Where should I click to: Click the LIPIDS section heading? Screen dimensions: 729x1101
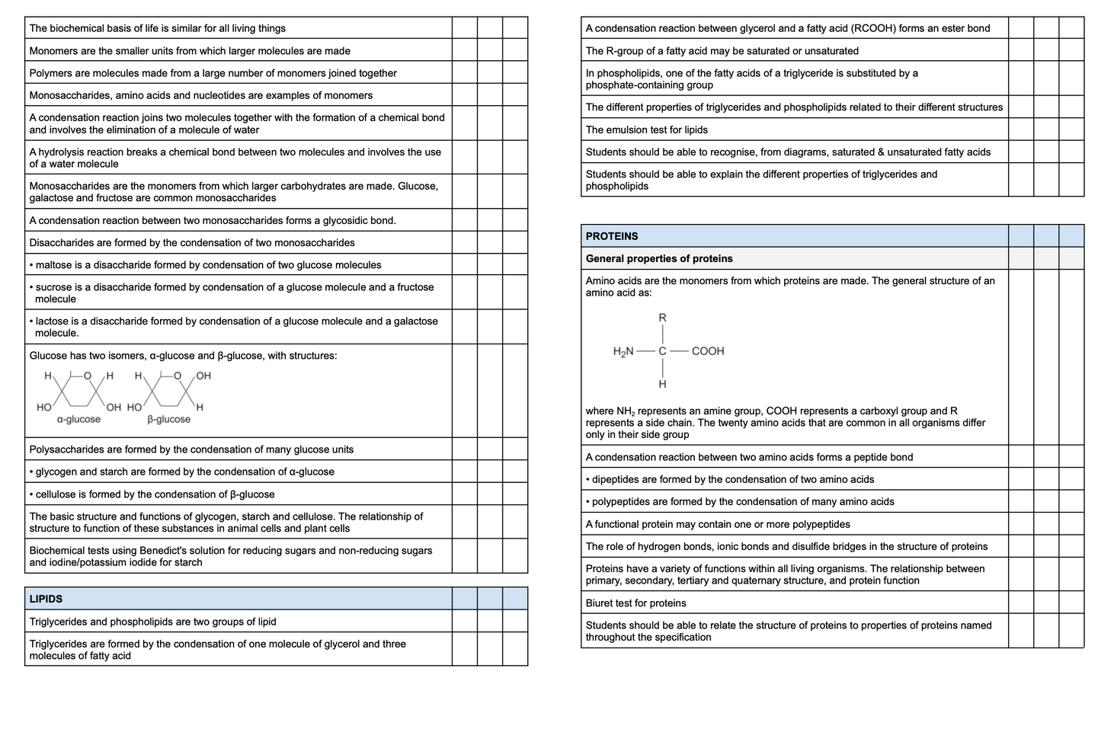click(46, 599)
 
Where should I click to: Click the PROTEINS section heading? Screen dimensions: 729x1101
click(611, 236)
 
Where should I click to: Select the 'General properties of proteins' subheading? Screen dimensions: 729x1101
click(658, 258)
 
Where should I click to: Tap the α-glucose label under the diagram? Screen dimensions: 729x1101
click(78, 419)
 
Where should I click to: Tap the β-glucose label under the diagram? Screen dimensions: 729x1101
click(168, 419)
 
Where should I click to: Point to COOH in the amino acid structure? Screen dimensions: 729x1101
click(708, 351)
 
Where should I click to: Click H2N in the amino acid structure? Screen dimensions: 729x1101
click(623, 351)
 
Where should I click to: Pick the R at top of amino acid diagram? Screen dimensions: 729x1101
click(663, 318)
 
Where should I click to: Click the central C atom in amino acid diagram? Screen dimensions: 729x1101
click(663, 351)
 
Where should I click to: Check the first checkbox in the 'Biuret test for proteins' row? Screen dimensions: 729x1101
click(1021, 603)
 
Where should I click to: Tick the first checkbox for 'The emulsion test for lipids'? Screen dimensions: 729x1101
click(1021, 129)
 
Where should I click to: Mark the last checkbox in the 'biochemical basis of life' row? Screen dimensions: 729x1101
click(515, 28)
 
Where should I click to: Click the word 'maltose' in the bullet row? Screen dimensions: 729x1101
click(54, 265)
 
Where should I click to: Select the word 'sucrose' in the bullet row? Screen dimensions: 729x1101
click(54, 287)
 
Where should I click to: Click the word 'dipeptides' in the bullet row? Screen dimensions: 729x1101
click(617, 479)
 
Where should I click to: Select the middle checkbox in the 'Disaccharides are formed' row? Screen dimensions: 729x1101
click(490, 242)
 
